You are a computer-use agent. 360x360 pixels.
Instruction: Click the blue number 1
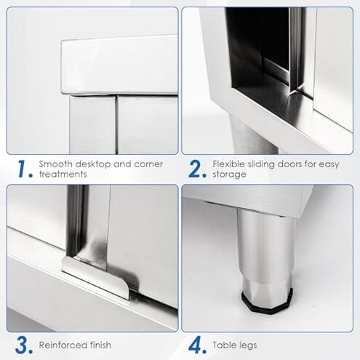point(23,169)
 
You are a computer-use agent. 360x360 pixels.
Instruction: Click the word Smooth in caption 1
point(55,164)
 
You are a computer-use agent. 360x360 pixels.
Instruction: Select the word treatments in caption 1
point(63,174)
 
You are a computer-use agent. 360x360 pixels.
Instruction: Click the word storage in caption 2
point(229,175)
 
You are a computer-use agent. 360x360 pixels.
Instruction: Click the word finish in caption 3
point(99,345)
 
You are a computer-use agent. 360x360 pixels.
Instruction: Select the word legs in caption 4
point(247,345)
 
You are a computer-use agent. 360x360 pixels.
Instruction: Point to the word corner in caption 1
point(148,164)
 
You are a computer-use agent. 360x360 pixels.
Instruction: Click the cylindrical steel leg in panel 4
point(266,249)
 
